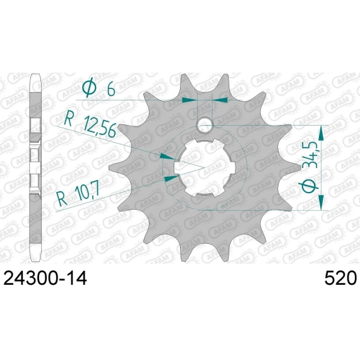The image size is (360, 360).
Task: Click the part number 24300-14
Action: pyautogui.click(x=45, y=278)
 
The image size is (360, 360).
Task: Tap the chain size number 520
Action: pyautogui.click(x=340, y=278)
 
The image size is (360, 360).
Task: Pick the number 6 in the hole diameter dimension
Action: pyautogui.click(x=111, y=89)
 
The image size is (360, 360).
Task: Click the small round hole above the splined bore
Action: pyautogui.click(x=205, y=125)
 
